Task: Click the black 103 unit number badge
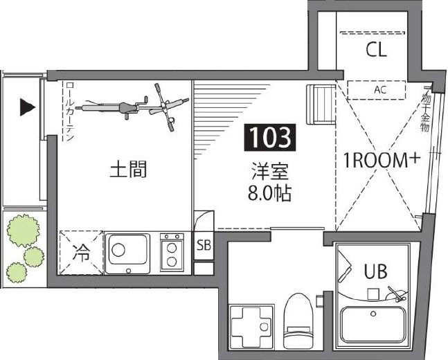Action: coord(270,138)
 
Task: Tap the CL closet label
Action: coord(376,50)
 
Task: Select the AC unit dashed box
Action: coord(376,90)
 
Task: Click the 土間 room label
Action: coord(128,169)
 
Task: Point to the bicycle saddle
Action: coord(127,107)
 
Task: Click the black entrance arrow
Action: coord(28,107)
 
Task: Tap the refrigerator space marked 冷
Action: coord(81,253)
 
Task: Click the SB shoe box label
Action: coord(204,245)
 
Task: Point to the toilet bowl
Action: coord(298,321)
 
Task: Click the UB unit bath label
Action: coord(375,271)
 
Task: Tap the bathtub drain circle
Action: coord(373,314)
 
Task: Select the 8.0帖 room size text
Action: coord(269,193)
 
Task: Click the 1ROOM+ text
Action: coord(382,160)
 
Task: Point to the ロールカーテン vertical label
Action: coord(70,111)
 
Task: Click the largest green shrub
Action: coord(24,231)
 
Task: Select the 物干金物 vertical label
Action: coord(425,111)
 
